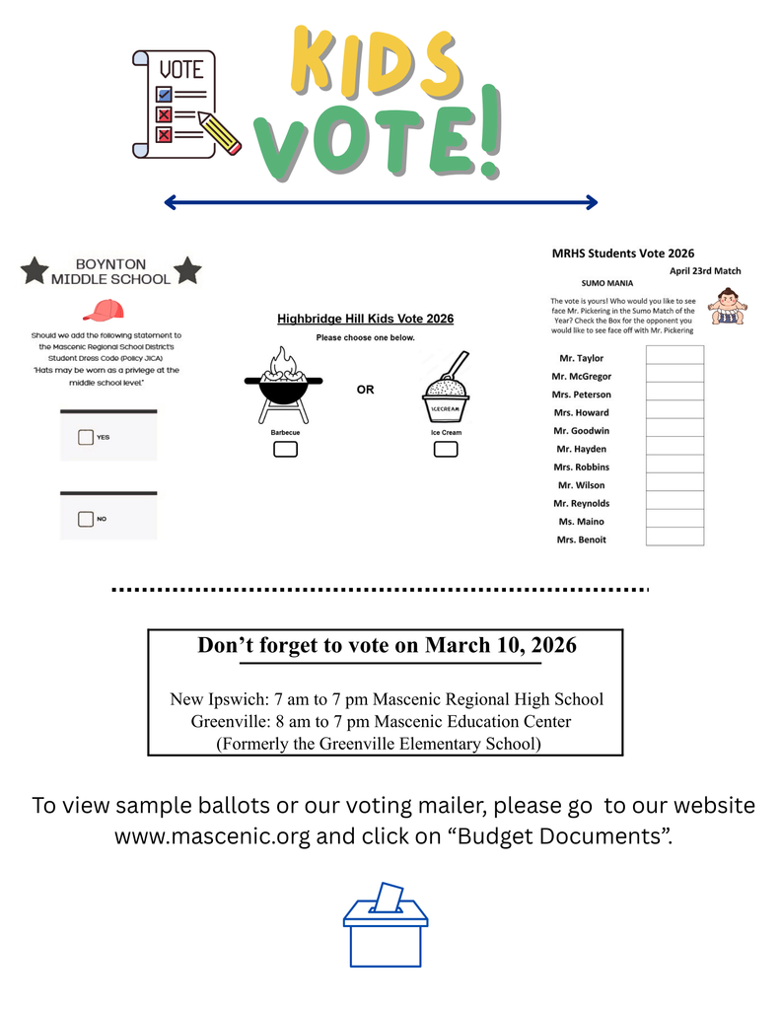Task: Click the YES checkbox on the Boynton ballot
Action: coord(86,436)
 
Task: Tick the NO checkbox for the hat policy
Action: coord(86,519)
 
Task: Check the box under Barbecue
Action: coord(285,450)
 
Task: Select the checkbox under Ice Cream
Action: coord(446,450)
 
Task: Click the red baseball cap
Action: coord(103,311)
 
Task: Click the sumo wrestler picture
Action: coord(728,305)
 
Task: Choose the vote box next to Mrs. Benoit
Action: coord(674,538)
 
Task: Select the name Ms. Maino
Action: coord(581,522)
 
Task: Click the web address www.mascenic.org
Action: coord(212,837)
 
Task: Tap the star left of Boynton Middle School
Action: coord(35,269)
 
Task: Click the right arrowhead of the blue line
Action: coord(592,202)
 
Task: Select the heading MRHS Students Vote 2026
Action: coord(623,253)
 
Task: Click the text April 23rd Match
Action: coord(705,271)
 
